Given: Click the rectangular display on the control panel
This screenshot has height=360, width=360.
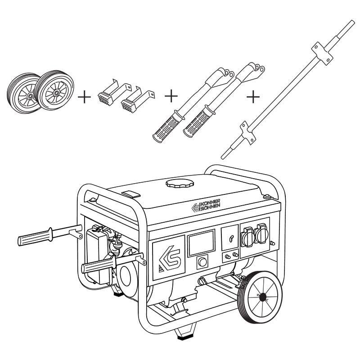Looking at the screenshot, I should click(201, 243).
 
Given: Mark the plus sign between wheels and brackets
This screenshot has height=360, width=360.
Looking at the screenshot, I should click(84, 96).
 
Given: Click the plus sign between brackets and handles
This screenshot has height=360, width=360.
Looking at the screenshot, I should click(171, 96).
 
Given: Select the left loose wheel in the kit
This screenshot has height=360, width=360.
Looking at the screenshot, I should click(22, 92).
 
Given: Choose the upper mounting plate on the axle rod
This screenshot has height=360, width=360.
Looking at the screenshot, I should click(324, 53).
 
